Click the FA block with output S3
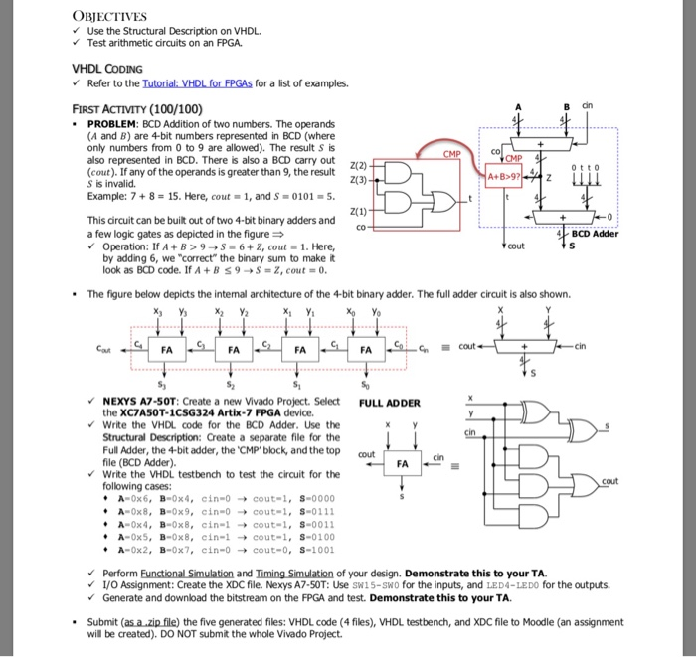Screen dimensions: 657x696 pyautogui.click(x=166, y=351)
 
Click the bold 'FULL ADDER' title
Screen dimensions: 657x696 pyautogui.click(x=390, y=403)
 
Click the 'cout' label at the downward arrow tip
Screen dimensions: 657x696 pyautogui.click(x=514, y=246)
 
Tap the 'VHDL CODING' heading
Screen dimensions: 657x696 pyautogui.click(x=105, y=69)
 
